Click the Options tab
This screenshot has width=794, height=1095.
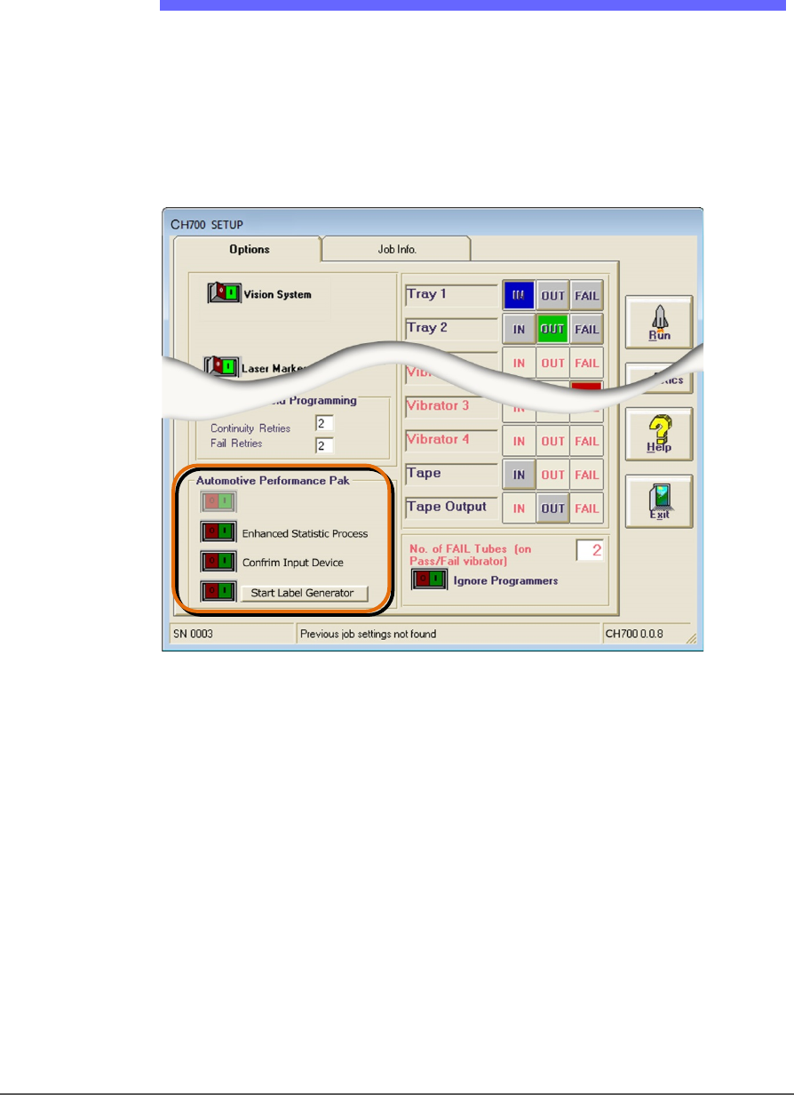click(x=249, y=250)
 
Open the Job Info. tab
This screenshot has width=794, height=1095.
click(x=396, y=250)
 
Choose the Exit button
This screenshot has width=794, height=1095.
click(x=659, y=500)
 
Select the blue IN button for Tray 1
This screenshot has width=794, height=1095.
click(x=519, y=295)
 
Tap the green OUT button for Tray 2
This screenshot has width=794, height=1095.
click(x=552, y=329)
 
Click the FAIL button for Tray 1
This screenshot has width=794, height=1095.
click(x=586, y=295)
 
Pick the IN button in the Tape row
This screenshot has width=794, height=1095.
click(x=519, y=475)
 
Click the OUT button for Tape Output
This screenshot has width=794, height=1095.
click(x=552, y=508)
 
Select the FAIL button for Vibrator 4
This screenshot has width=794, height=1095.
click(x=586, y=441)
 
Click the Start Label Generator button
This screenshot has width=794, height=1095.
click(x=303, y=593)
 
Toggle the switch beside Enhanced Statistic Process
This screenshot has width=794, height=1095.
click(x=218, y=533)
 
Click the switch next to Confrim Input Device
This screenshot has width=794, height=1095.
click(x=218, y=562)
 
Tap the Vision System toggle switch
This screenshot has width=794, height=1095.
click(x=223, y=292)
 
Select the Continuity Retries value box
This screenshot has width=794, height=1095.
click(x=324, y=424)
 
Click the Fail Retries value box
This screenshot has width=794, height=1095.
click(x=324, y=444)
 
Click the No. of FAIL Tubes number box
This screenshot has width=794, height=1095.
click(x=589, y=551)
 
